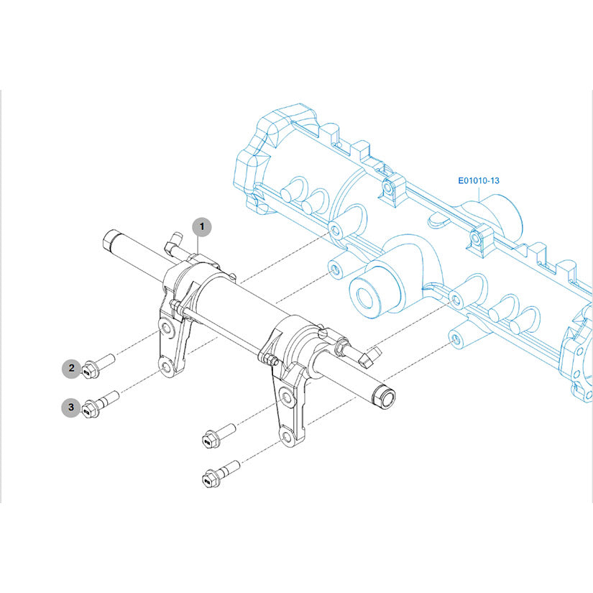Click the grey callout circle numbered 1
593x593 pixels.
(x=201, y=227)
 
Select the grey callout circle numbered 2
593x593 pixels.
(x=71, y=368)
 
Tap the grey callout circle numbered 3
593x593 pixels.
(x=71, y=408)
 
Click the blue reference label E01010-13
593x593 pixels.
(x=479, y=180)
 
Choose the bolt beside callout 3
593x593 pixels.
(x=100, y=404)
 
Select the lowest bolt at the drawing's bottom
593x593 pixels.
(x=221, y=474)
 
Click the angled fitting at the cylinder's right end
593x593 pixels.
(x=369, y=358)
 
